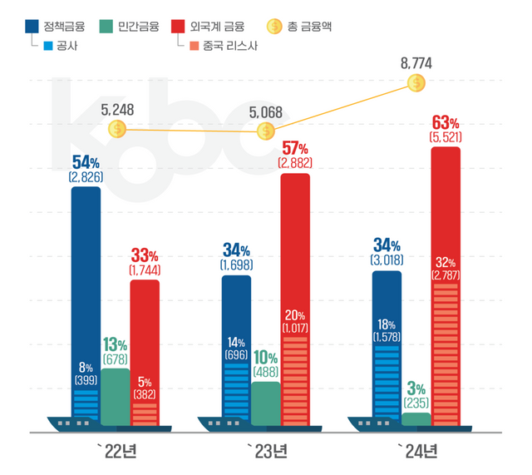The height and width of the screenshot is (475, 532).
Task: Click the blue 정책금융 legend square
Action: (32, 27)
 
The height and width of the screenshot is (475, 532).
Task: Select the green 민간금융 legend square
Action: (106, 27)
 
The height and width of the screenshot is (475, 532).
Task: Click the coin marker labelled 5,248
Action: (117, 129)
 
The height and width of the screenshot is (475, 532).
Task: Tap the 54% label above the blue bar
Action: (86, 161)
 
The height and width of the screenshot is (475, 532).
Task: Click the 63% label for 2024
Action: (446, 121)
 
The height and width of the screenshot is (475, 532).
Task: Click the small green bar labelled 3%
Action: (416, 418)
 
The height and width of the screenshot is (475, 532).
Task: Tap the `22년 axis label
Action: (116, 452)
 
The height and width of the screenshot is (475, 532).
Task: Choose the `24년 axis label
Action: (415, 452)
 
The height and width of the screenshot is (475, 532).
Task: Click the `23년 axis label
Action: (266, 452)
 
